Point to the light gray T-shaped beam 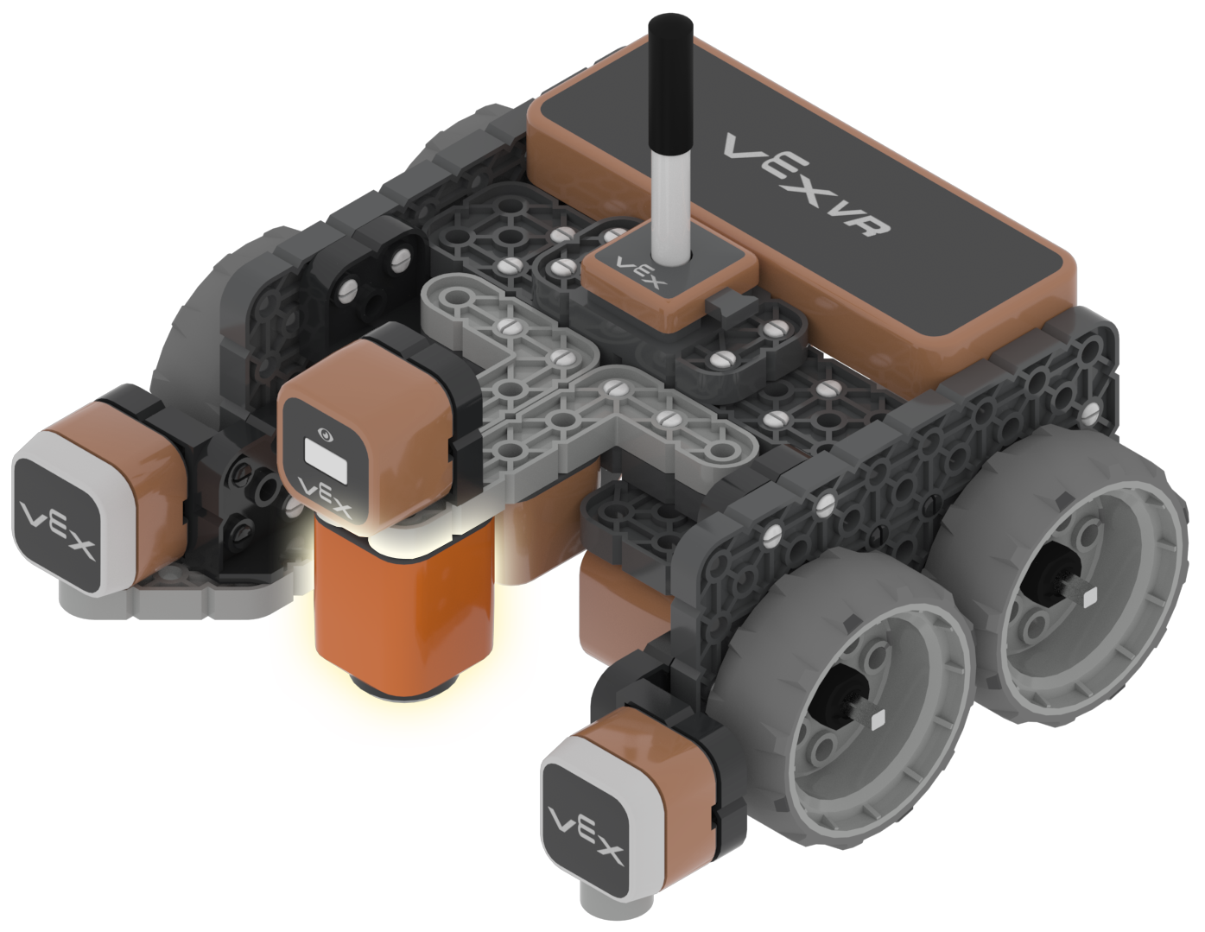click(553, 380)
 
